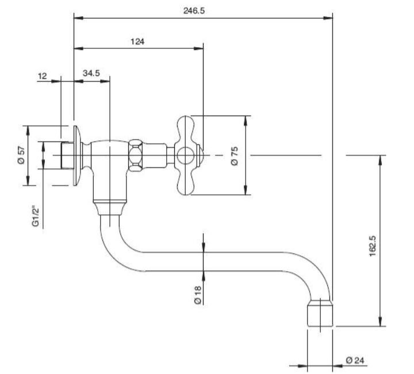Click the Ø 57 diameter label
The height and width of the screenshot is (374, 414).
21,155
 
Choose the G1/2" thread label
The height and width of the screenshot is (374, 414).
35,216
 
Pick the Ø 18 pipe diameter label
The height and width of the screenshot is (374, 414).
197,294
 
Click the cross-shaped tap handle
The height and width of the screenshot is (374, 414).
186,155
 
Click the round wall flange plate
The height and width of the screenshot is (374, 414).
77,155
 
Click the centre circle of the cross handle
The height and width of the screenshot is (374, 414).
185,155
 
